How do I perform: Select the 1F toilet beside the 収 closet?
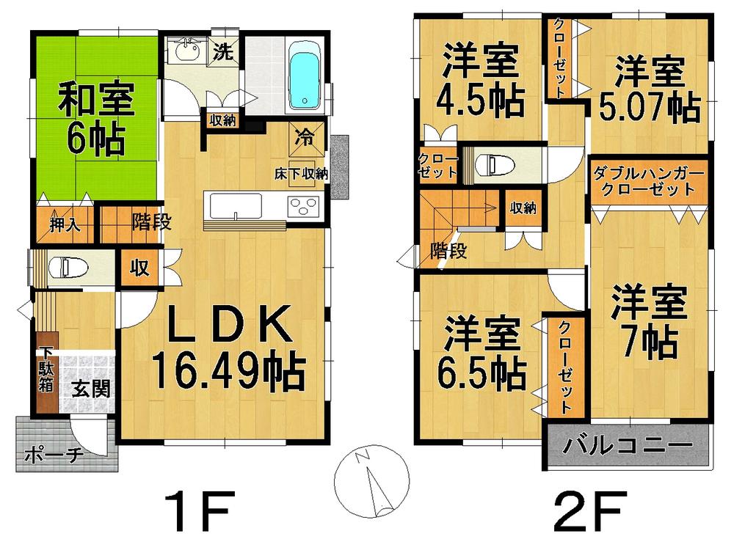[68, 266]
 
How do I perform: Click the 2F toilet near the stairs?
[493, 164]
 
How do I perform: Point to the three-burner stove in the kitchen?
[303, 205]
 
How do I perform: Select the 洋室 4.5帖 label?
[482, 81]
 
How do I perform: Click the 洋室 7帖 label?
[648, 323]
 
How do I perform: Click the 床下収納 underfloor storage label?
[301, 175]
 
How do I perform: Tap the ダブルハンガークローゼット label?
[648, 181]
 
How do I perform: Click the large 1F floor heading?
[198, 510]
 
